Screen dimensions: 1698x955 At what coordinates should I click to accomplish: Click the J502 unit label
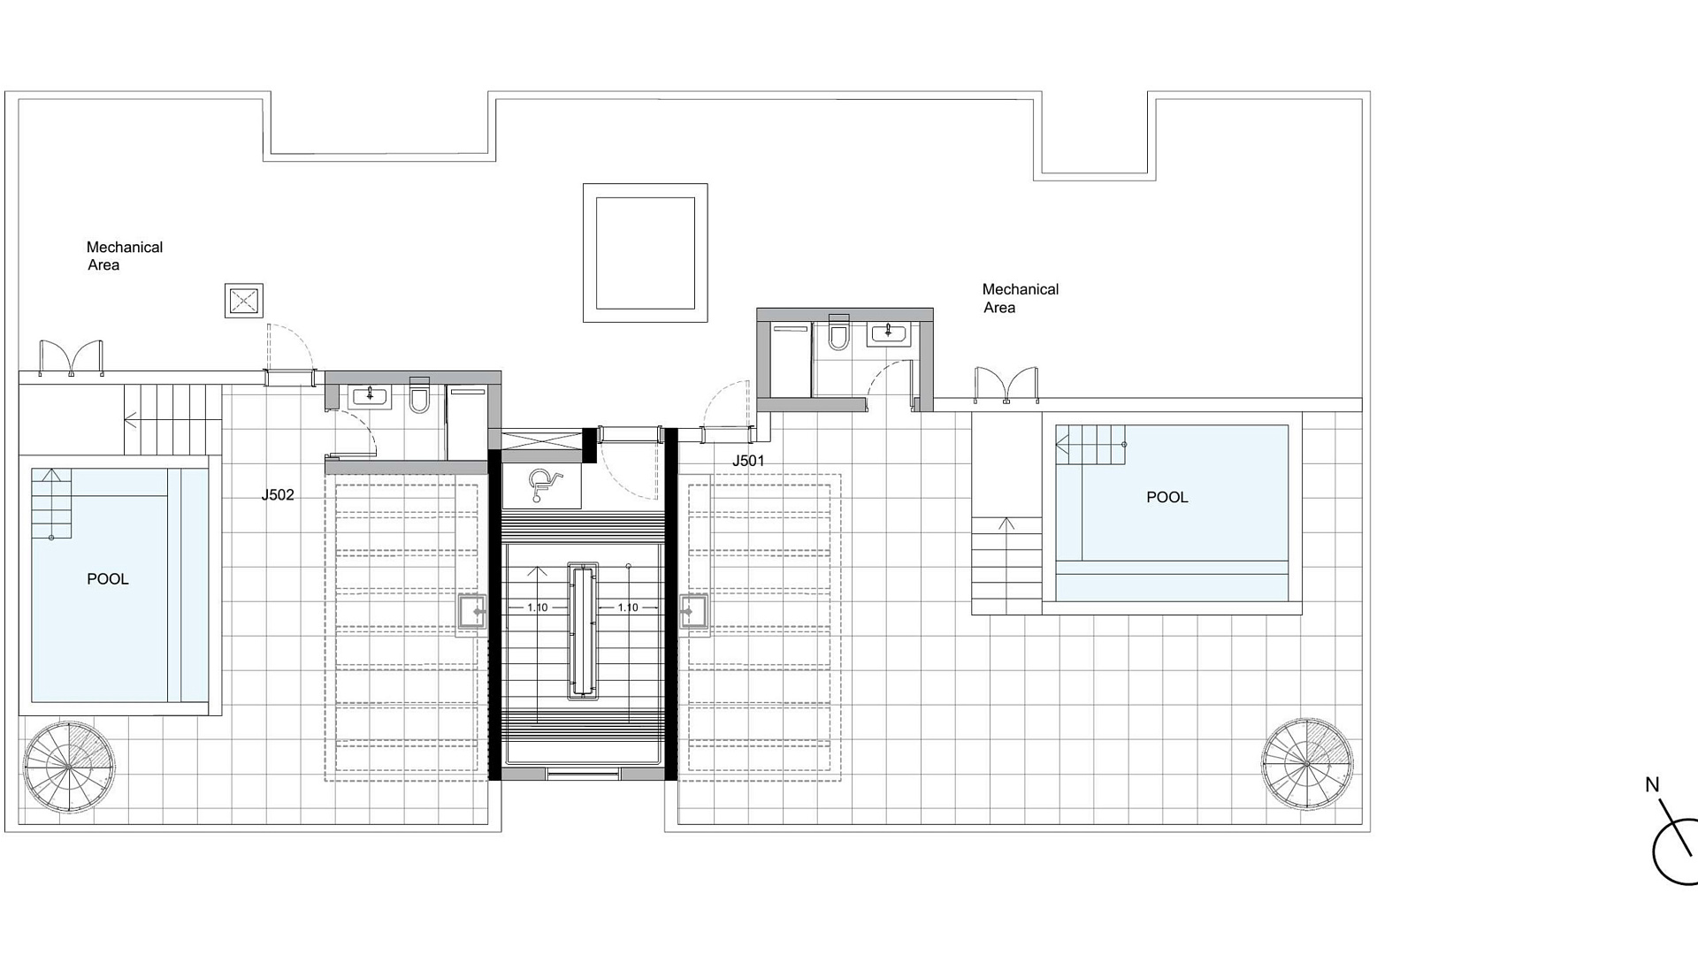point(278,495)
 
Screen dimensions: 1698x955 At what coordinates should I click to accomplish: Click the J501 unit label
point(748,461)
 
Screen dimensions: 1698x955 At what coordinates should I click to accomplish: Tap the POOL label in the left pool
point(108,579)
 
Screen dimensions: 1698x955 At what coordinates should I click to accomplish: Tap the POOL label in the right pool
point(1167,497)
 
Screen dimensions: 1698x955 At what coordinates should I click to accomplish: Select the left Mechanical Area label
point(125,256)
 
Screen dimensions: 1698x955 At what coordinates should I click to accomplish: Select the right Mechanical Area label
point(1021,298)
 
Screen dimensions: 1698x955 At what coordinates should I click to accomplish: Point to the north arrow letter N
point(1652,784)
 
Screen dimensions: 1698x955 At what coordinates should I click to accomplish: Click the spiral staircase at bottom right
point(1307,764)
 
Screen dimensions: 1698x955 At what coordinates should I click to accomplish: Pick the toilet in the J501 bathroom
point(838,332)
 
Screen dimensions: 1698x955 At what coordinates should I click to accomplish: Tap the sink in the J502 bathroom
point(370,396)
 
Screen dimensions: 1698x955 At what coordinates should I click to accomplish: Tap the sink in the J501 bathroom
point(887,332)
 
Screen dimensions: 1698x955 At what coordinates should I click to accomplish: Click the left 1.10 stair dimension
point(537,607)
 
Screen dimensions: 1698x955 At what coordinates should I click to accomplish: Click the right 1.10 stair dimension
point(628,607)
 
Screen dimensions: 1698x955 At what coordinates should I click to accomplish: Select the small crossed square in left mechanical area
point(243,301)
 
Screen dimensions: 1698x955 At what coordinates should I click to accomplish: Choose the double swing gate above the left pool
point(72,359)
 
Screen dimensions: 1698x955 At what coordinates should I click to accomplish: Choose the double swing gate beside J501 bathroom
point(1006,386)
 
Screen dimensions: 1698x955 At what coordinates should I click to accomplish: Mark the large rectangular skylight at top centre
point(645,253)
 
